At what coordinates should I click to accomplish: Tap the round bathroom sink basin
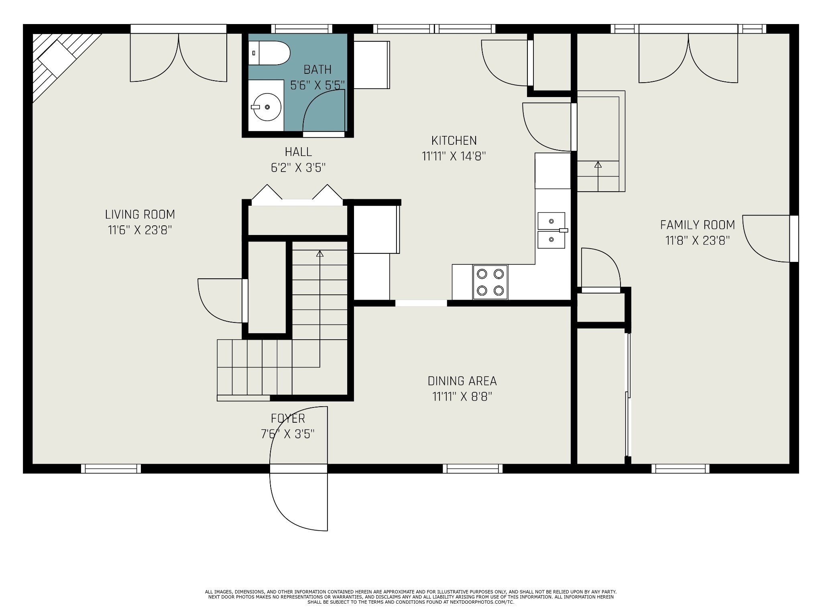tap(267, 107)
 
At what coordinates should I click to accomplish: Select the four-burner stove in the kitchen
tap(490, 282)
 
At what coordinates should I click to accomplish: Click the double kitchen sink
tap(551, 231)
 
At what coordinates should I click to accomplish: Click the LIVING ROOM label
tap(140, 215)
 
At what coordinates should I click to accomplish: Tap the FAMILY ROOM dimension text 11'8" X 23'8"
tap(697, 241)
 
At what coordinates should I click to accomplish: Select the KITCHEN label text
tap(454, 141)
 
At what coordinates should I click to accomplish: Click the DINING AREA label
tap(462, 381)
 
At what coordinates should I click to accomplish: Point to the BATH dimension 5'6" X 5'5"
tap(317, 85)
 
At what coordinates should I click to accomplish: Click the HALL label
tap(298, 152)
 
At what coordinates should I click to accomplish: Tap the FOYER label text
tap(288, 419)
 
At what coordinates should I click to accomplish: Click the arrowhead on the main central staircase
tap(320, 254)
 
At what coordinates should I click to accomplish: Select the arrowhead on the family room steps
tap(598, 164)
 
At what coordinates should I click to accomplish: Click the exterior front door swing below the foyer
tap(299, 501)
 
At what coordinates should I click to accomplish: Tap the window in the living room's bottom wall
tap(111, 468)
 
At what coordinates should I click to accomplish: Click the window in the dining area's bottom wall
tap(473, 468)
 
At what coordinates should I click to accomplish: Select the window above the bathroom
tap(301, 29)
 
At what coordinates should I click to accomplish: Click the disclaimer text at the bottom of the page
tap(411, 597)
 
